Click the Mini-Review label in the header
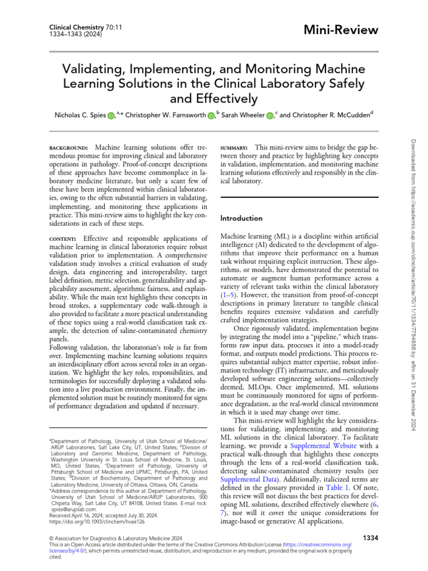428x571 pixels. [346, 30]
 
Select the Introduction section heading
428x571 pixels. [242, 218]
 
